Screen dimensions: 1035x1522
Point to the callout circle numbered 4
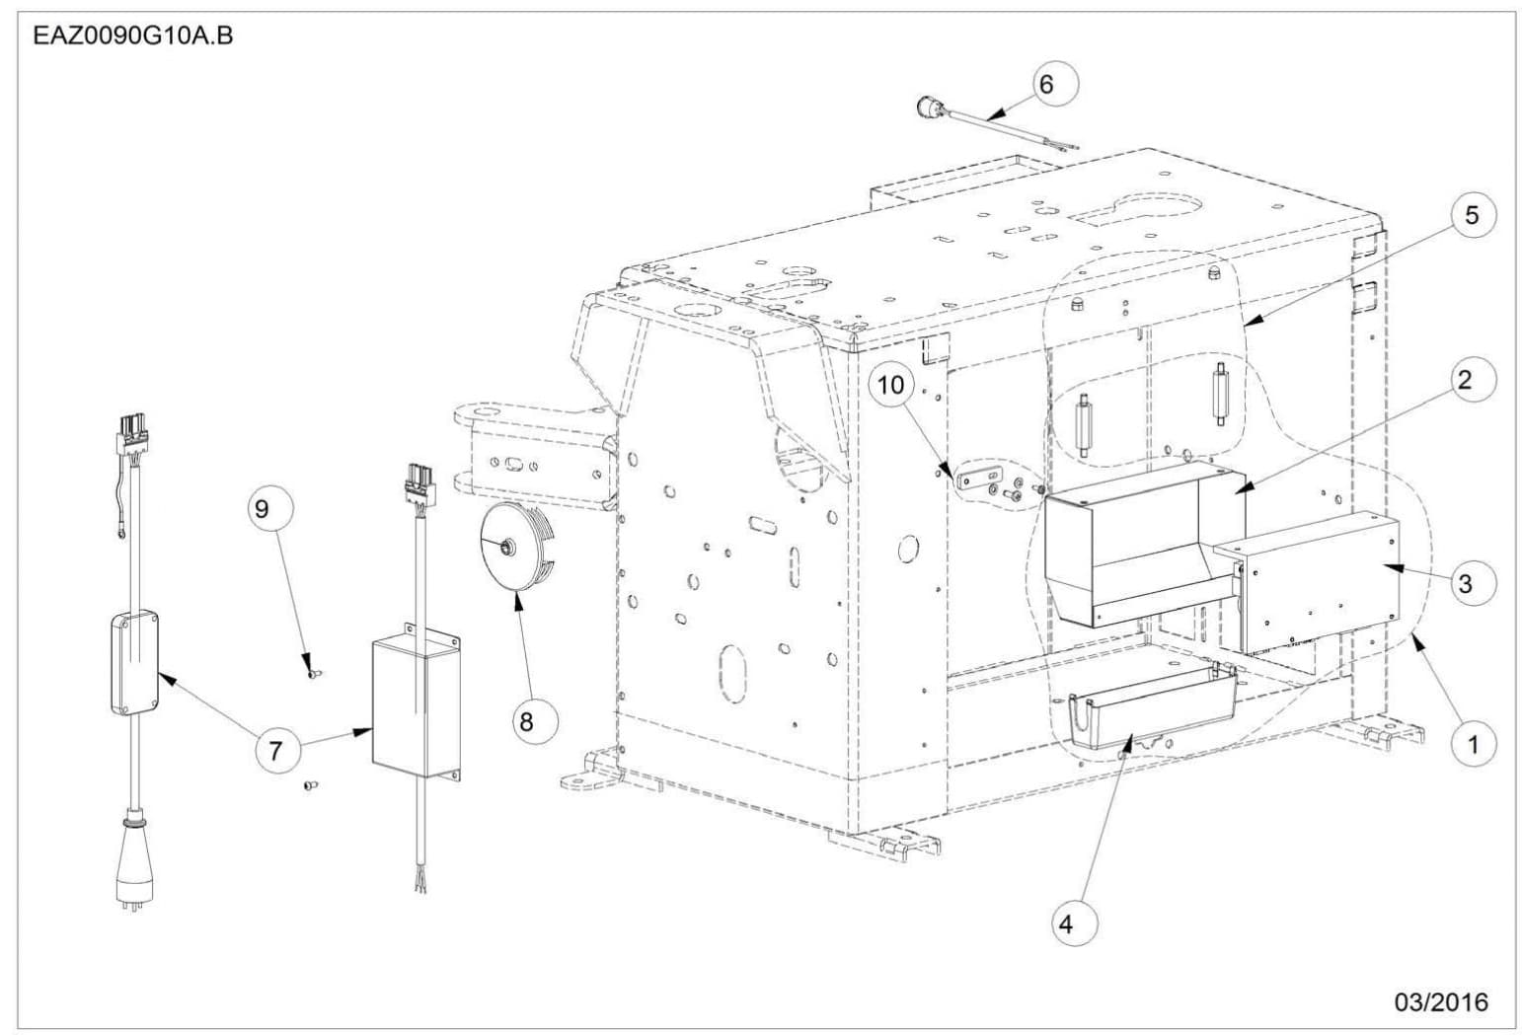(1065, 924)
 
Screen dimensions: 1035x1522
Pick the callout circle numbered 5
(1472, 215)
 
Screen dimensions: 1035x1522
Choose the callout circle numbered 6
(1046, 85)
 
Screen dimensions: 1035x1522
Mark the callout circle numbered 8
(526, 721)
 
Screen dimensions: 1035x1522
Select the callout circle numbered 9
(261, 509)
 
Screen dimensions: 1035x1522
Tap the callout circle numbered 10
(891, 385)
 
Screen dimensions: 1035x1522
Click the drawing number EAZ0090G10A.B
(133, 38)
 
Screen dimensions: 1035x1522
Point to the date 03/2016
(1440, 1002)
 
